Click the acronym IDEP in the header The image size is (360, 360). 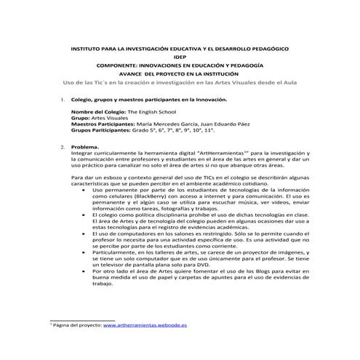[x=180, y=57]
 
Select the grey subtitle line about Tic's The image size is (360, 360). [x=180, y=83]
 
